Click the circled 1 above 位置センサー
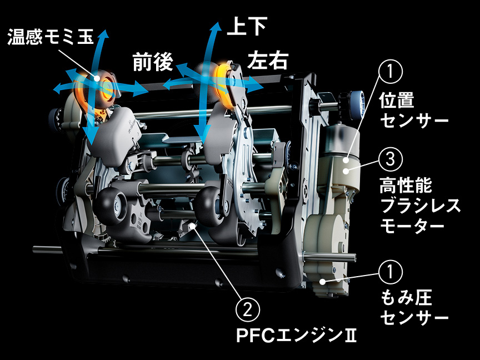point(391,72)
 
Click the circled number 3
point(391,161)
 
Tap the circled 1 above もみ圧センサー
point(391,272)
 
